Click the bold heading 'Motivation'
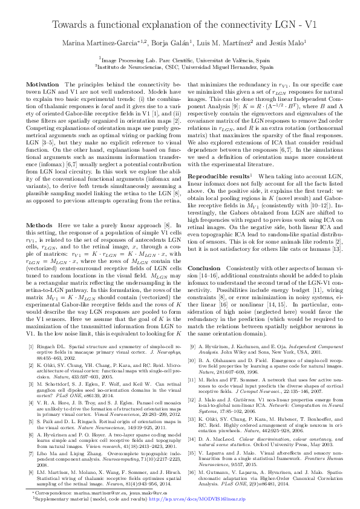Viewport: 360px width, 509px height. point(46,83)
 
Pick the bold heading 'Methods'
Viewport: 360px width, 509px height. point(42,224)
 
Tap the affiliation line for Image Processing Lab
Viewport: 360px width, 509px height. point(180,60)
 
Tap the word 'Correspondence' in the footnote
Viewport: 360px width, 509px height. point(48,493)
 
